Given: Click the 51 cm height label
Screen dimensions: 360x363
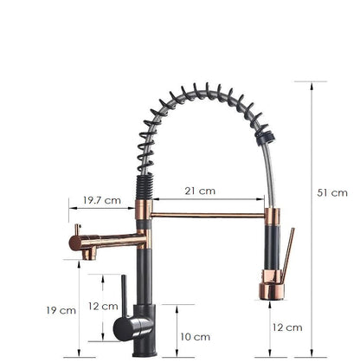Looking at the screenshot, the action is [x=332, y=193].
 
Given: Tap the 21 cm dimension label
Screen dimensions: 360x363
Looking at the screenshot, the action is [x=200, y=191].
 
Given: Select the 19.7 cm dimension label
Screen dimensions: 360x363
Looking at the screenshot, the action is [x=102, y=200].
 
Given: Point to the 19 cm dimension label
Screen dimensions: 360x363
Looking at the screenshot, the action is [x=61, y=310].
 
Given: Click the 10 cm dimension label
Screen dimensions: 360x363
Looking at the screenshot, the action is [x=196, y=337].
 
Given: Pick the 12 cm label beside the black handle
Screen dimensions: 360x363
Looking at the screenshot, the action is [x=103, y=306].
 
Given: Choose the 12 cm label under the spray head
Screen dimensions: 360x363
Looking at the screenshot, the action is [x=287, y=327].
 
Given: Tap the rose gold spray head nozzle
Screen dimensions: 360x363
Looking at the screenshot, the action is [x=272, y=291].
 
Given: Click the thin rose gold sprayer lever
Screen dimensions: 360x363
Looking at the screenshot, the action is [x=288, y=255].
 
